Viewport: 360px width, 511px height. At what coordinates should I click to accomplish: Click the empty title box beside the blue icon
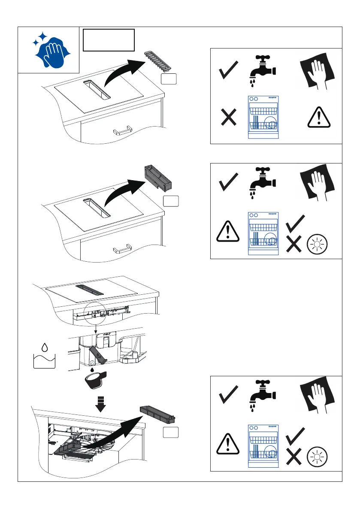(109, 40)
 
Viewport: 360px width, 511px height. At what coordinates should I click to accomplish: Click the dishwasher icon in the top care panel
(263, 117)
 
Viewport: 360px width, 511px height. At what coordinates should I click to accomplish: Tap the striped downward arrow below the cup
(100, 404)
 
